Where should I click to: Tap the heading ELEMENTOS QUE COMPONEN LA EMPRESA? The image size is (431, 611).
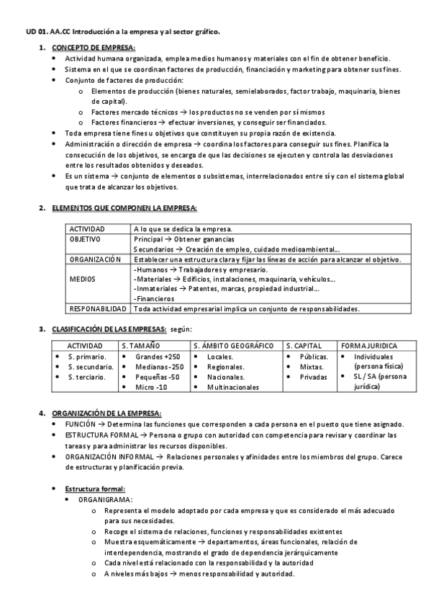pos(124,208)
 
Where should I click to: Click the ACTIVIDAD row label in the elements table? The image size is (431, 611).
pos(87,229)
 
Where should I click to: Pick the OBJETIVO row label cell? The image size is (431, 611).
pos(85,238)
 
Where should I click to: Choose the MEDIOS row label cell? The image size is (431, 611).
pos(81,279)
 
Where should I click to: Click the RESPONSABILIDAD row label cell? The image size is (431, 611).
pos(99,309)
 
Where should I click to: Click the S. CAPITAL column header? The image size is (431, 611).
pos(304,346)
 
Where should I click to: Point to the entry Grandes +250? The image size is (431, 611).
pos(158,357)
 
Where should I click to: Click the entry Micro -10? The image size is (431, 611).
pos(151,387)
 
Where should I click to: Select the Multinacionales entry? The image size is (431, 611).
pos(232,387)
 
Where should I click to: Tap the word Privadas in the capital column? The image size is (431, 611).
pos(313,377)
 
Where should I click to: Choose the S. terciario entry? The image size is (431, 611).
pos(86,377)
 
